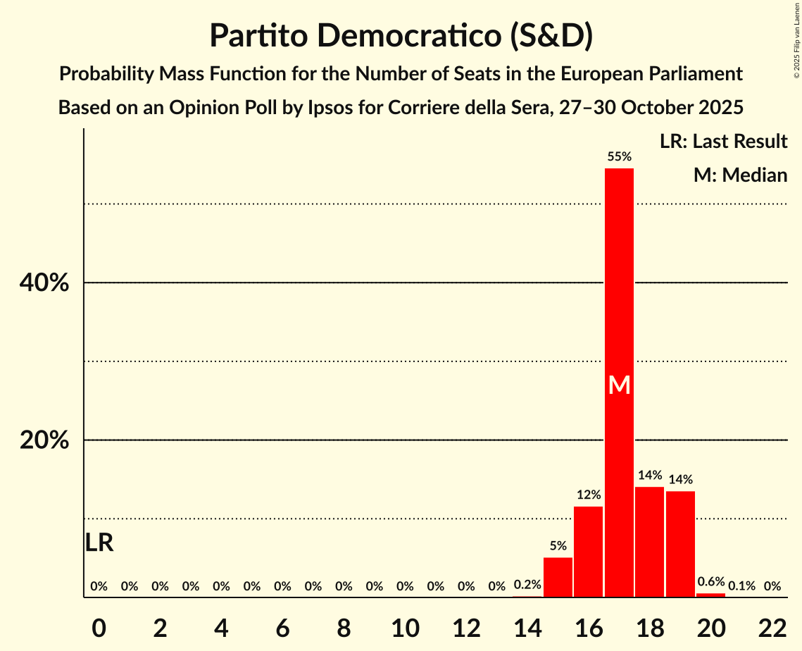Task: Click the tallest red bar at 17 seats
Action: pyautogui.click(x=619, y=282)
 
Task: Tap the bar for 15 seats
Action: pyautogui.click(x=558, y=577)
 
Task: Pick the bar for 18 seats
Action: pyautogui.click(x=649, y=542)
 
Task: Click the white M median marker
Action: pyautogui.click(x=619, y=385)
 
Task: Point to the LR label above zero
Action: pyautogui.click(x=99, y=543)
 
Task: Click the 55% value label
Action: pyautogui.click(x=619, y=156)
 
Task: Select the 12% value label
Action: pyautogui.click(x=588, y=495)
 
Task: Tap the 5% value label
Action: pyautogui.click(x=558, y=545)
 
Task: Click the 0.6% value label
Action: pyautogui.click(x=710, y=581)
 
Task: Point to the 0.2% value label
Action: pyautogui.click(x=527, y=585)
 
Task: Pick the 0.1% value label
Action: pyautogui.click(x=741, y=585)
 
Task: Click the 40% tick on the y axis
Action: pyautogui.click(x=43, y=283)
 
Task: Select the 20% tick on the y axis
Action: pyautogui.click(x=43, y=440)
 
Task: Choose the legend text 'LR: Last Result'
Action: pyautogui.click(x=723, y=142)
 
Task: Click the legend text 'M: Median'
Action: pyautogui.click(x=740, y=175)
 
